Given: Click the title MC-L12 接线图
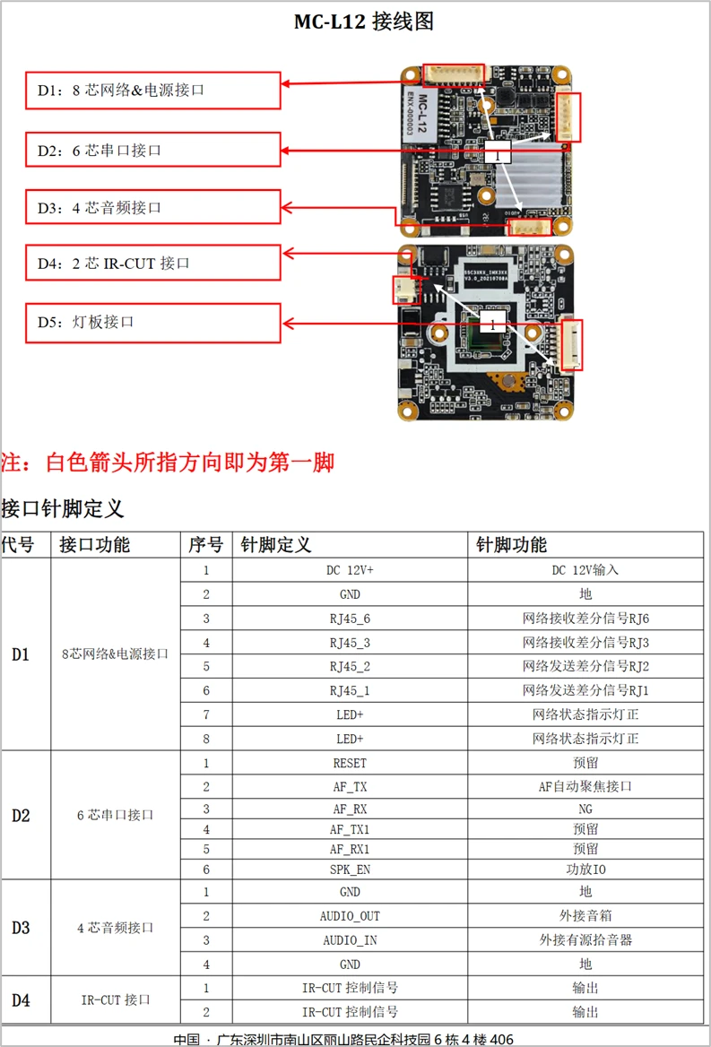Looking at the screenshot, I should [x=364, y=22].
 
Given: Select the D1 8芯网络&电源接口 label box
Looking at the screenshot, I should [x=153, y=90].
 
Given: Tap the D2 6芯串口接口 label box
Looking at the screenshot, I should [x=153, y=150].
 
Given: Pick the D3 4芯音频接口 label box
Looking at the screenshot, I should [x=153, y=207].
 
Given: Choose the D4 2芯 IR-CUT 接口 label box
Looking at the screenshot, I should [x=153, y=263].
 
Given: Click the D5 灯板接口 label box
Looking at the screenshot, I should [x=153, y=321].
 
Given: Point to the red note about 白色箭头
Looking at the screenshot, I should [x=168, y=463].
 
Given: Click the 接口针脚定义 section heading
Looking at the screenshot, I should [x=63, y=509].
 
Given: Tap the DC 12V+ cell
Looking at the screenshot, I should [x=350, y=570].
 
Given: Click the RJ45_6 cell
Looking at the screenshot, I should [x=350, y=619].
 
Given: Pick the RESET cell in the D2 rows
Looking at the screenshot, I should [x=350, y=764].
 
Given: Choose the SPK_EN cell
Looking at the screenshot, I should [x=350, y=869].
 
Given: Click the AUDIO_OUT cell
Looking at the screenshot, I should [x=350, y=916].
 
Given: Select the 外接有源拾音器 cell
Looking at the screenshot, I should [x=585, y=940].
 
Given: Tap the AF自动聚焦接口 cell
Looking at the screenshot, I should [x=585, y=786].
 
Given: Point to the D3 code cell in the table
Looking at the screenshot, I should [x=21, y=928].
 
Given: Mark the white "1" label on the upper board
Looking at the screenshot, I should [x=496, y=154].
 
